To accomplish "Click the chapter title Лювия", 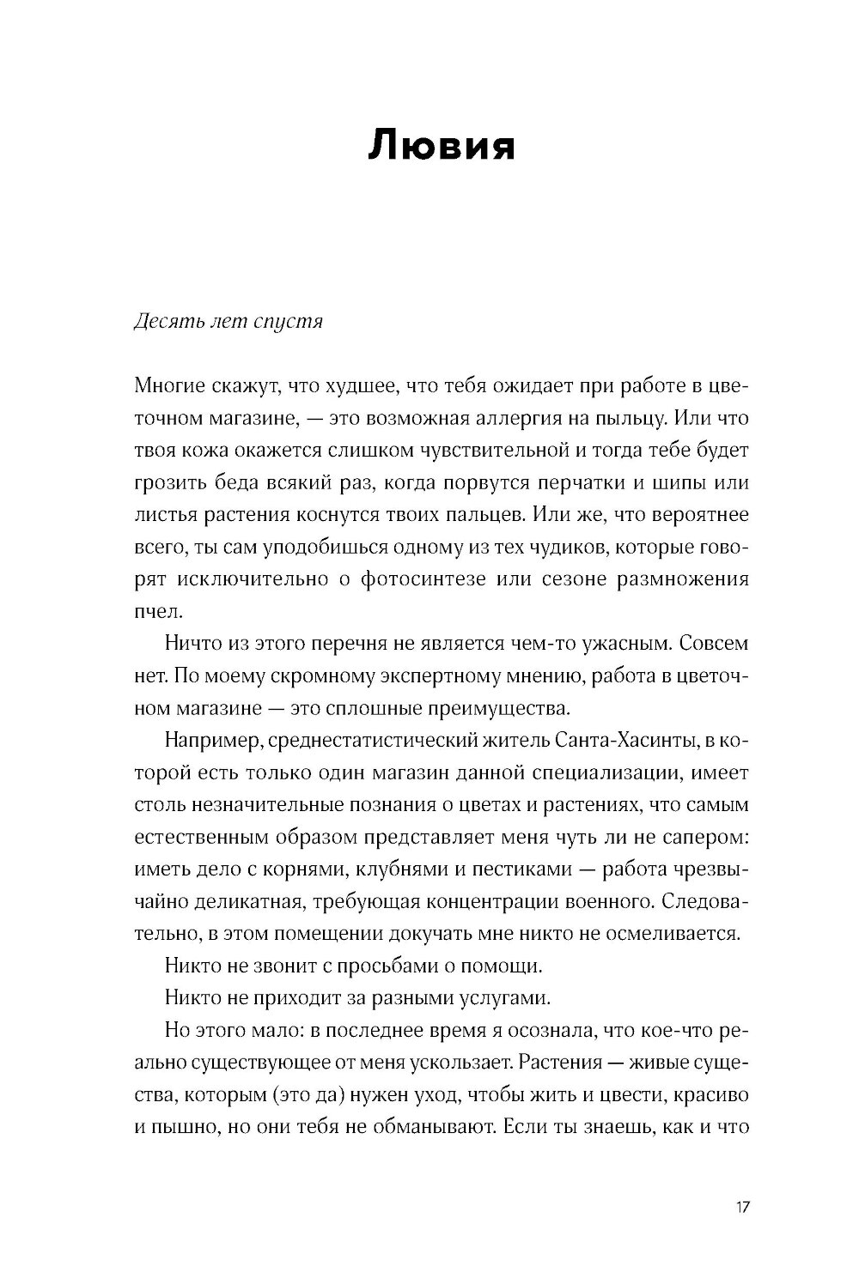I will pyautogui.click(x=442, y=147).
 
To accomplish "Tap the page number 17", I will pyautogui.click(x=743, y=1207).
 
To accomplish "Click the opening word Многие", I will pyautogui.click(x=168, y=387).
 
